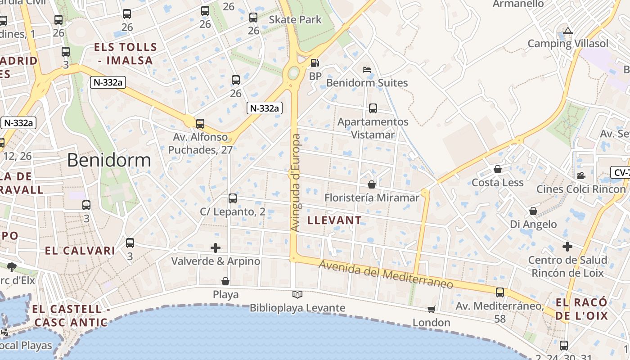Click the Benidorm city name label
109,160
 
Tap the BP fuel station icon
315,63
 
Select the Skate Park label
295,19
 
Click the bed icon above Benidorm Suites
367,70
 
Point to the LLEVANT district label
334,220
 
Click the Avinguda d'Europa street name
295,183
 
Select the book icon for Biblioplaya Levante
297,294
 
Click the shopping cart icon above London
431,309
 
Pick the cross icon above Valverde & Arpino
216,247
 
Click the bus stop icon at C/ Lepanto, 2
232,198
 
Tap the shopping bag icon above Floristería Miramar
372,184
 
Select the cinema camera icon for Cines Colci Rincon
581,175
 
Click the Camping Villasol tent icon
568,31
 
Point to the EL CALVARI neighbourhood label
80,251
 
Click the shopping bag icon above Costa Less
498,169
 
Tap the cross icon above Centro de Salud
567,246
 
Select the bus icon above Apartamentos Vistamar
373,108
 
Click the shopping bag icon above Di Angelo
533,211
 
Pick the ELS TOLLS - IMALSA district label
126,53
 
